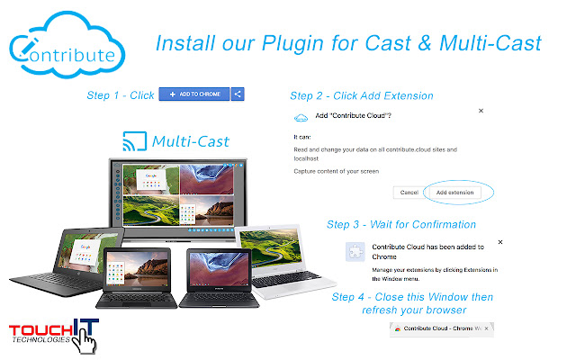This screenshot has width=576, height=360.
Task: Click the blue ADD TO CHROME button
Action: (x=194, y=94)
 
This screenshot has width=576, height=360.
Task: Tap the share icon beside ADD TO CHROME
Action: (x=238, y=94)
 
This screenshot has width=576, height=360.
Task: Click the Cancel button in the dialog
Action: (x=409, y=193)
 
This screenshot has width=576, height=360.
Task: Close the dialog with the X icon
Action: (x=481, y=110)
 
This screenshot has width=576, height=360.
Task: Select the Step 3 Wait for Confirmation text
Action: (x=401, y=224)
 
